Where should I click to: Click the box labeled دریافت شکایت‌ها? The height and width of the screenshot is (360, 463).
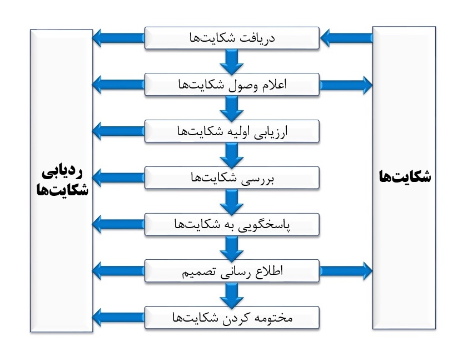[232, 38]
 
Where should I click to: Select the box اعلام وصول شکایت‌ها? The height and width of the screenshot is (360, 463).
[232, 85]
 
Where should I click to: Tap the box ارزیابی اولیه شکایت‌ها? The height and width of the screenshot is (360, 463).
[232, 131]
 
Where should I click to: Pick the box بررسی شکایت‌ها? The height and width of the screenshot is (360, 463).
[232, 177]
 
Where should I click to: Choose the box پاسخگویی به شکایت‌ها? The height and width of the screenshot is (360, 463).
[232, 224]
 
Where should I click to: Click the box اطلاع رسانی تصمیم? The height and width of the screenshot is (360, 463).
[232, 271]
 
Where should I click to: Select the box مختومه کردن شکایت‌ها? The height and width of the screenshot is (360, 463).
[232, 318]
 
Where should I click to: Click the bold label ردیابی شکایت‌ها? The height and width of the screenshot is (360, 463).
[62, 181]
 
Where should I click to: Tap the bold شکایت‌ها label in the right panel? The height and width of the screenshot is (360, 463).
[405, 176]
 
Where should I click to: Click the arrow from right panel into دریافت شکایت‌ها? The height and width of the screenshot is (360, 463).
[346, 38]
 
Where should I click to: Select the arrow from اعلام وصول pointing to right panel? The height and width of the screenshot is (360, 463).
[346, 85]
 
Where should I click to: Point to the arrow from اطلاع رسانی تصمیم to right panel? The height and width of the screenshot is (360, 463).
[346, 271]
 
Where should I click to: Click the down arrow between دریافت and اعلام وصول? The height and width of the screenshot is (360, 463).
[232, 61]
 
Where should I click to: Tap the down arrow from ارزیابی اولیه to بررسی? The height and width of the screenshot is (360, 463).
[232, 155]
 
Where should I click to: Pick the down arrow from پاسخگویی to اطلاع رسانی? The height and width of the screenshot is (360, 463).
[232, 248]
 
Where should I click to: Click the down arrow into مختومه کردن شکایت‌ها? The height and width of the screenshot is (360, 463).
[232, 295]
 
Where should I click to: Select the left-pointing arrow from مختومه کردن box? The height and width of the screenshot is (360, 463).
[118, 318]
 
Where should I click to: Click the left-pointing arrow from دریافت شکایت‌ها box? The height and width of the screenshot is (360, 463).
[118, 38]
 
